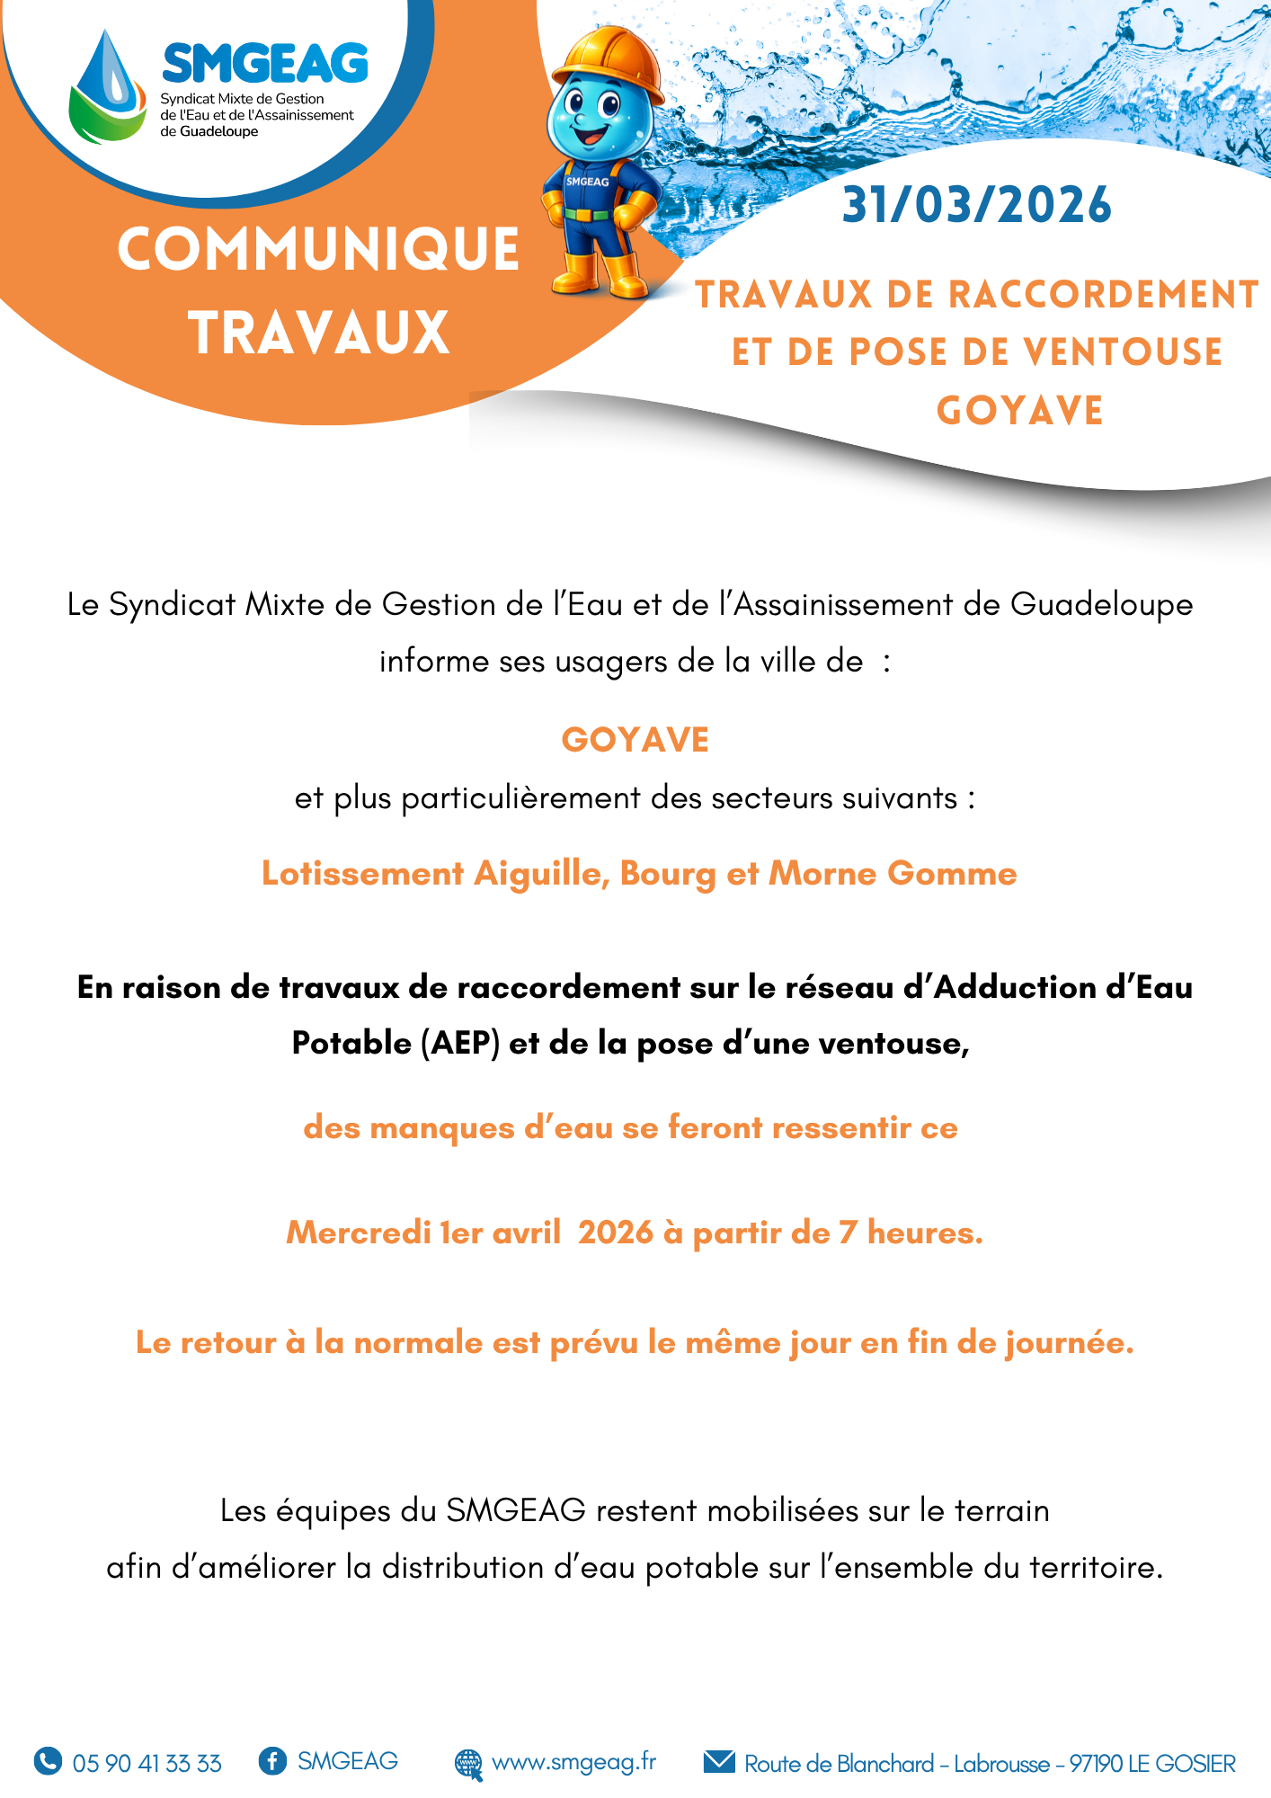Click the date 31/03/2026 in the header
[x=976, y=205]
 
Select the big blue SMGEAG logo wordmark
[x=265, y=64]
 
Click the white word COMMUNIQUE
[x=318, y=249]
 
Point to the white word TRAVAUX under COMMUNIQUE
[x=318, y=333]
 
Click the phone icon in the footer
[x=48, y=1760]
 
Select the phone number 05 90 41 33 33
[x=147, y=1763]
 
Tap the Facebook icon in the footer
[x=272, y=1760]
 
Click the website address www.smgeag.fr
[x=573, y=1761]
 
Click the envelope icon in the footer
[x=719, y=1761]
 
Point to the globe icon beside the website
[x=468, y=1763]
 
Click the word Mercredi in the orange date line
[x=358, y=1232]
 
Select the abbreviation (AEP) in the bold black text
[x=460, y=1043]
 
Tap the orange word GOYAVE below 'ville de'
[x=635, y=740]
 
